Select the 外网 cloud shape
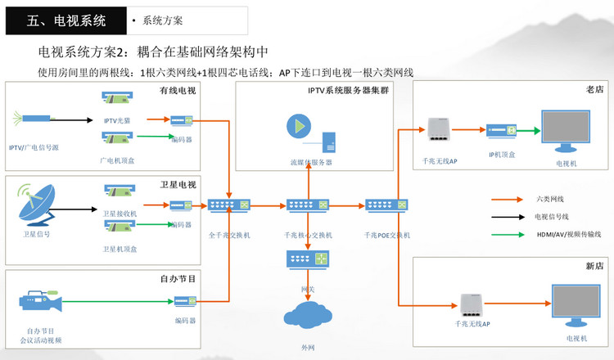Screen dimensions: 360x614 [x=307, y=318]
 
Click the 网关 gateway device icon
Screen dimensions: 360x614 [x=307, y=259]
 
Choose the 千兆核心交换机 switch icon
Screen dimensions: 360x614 [x=307, y=205]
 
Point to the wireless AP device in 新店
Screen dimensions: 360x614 [x=473, y=304]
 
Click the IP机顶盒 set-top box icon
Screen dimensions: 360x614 [x=501, y=130]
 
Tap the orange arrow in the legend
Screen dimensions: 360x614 [x=507, y=199]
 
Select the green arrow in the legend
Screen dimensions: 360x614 [x=507, y=235]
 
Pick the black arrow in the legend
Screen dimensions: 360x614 [x=507, y=217]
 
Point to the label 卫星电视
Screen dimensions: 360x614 [x=178, y=184]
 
